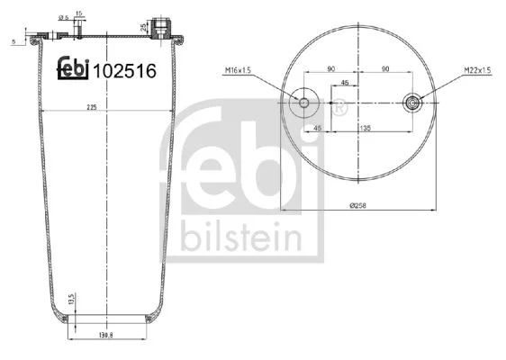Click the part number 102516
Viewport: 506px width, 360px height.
click(124, 71)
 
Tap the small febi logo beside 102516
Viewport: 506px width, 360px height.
click(73, 68)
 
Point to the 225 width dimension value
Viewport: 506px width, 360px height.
click(92, 107)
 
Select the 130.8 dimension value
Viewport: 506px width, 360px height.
click(106, 335)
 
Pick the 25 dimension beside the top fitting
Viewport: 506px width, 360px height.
click(143, 27)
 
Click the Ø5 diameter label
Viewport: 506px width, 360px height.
click(64, 18)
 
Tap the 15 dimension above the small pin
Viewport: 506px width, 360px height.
click(78, 13)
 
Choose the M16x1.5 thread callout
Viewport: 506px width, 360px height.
click(238, 70)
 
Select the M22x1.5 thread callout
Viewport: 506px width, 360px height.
click(477, 69)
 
